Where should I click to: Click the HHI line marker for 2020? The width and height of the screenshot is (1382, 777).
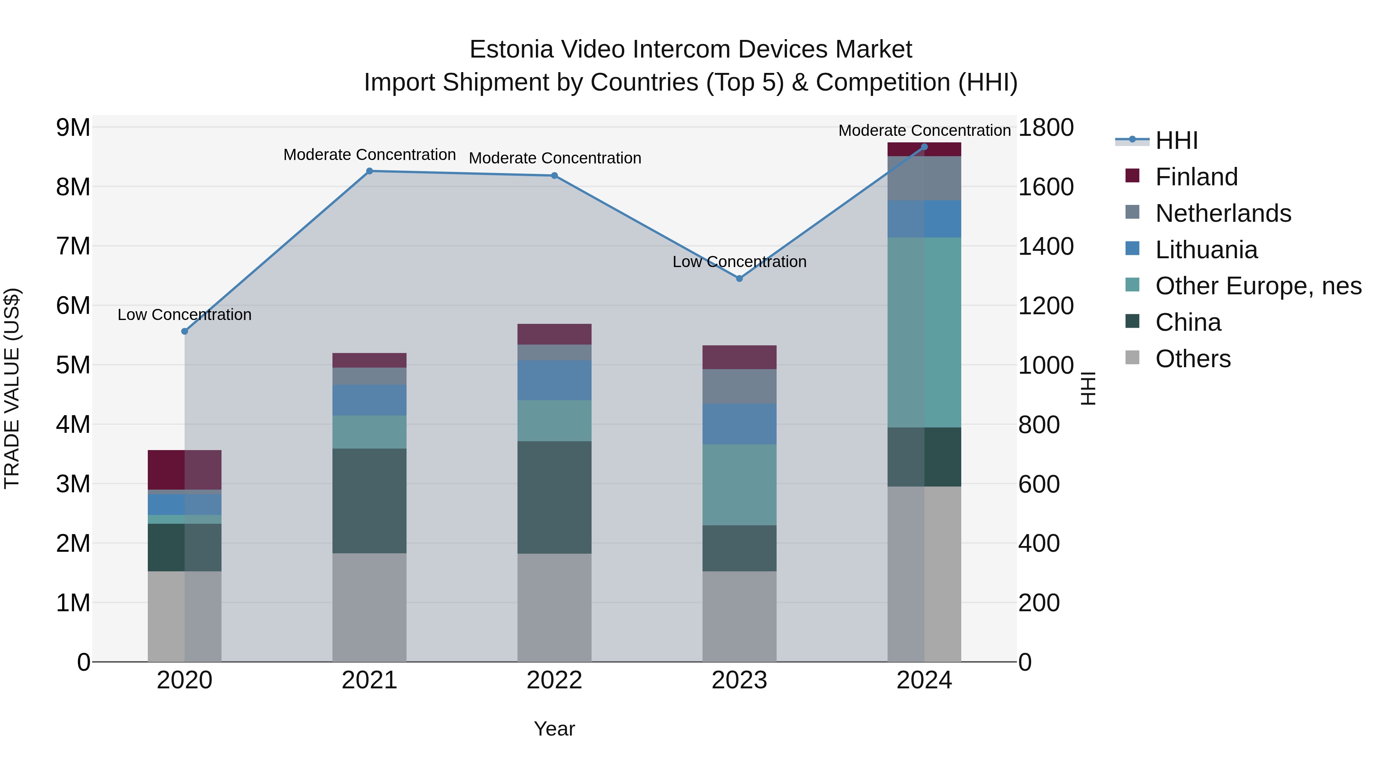(x=185, y=332)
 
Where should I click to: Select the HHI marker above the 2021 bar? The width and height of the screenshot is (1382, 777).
(x=369, y=171)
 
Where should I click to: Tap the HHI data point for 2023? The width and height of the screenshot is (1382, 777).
(x=739, y=278)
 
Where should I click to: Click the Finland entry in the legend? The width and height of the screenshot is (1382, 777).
(x=1196, y=177)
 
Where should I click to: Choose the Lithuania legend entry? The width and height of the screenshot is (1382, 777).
(x=1206, y=250)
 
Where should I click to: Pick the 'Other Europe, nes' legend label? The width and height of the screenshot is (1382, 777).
(x=1258, y=286)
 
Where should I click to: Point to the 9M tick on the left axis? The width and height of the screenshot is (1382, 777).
(x=73, y=128)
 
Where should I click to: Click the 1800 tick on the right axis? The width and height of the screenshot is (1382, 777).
(x=1046, y=128)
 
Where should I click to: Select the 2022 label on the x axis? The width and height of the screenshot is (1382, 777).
(x=554, y=680)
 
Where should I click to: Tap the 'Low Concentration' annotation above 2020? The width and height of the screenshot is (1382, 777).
(x=185, y=315)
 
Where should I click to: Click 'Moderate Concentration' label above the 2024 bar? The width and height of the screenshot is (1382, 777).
(x=924, y=130)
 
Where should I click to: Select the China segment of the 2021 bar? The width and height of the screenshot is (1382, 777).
(x=369, y=501)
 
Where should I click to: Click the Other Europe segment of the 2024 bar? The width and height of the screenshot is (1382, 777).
(x=924, y=332)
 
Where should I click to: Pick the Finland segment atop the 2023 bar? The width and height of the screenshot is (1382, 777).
(x=739, y=357)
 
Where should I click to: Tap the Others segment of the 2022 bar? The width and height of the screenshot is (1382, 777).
(x=554, y=607)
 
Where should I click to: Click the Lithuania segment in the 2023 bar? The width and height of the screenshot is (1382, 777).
(x=739, y=424)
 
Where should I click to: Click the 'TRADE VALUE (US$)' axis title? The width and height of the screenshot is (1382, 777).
(x=12, y=388)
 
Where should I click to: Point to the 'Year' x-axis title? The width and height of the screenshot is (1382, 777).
(x=554, y=729)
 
